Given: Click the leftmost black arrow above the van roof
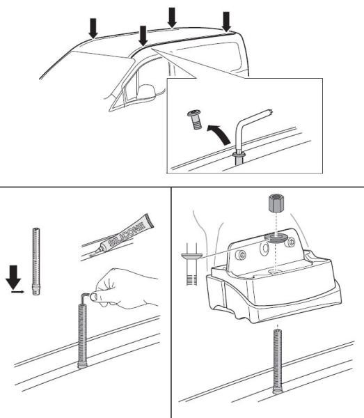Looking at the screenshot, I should tap(93, 27).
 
